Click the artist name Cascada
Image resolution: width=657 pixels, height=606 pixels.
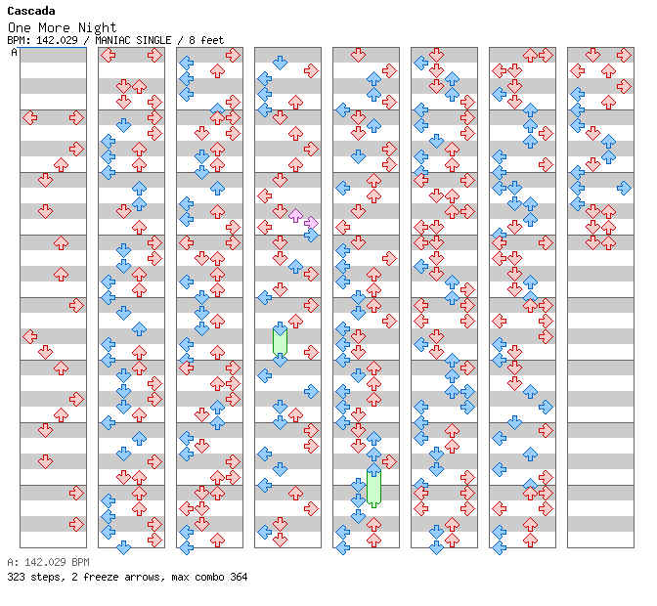point(30,11)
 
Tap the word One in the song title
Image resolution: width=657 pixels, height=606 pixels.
point(19,27)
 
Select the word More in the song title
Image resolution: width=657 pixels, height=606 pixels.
point(54,27)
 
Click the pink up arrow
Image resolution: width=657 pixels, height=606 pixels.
point(295,215)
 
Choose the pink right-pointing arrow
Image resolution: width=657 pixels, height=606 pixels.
point(311,223)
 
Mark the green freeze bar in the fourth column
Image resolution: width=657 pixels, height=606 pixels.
point(280,341)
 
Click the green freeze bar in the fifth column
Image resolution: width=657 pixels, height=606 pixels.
point(373,486)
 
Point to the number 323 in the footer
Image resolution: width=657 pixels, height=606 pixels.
point(16,577)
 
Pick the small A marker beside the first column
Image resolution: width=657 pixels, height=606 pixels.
point(14,52)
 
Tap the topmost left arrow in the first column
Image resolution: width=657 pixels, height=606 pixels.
point(29,117)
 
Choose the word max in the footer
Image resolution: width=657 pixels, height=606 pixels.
point(179,577)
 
